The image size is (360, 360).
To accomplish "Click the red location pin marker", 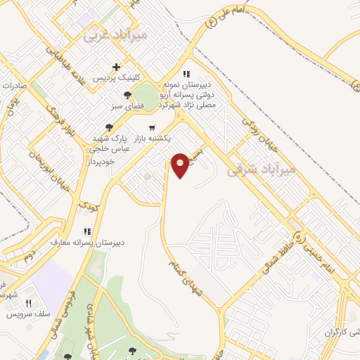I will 181,165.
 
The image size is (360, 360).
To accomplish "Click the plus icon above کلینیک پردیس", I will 127,66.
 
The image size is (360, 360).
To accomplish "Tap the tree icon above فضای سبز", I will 127,95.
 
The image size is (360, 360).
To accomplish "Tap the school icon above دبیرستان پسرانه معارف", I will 87,231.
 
